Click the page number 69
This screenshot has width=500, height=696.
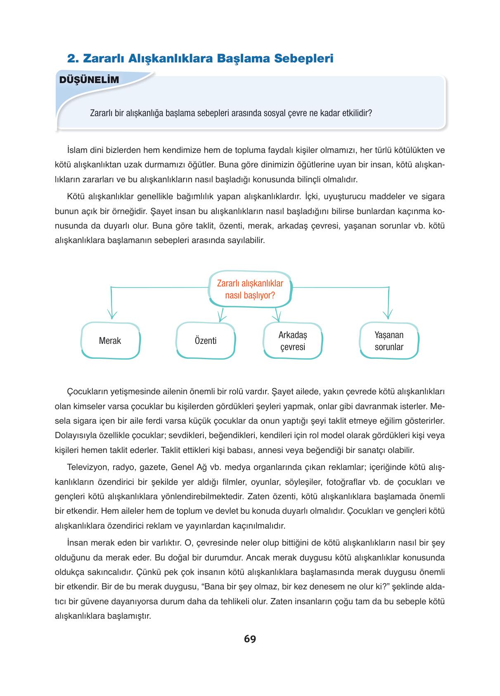coord(250,639)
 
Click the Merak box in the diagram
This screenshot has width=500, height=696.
coord(110,341)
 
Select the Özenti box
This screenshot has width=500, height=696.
coord(206,341)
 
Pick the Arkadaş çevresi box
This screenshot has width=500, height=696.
coord(293,341)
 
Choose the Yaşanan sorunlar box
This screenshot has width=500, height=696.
coord(389,341)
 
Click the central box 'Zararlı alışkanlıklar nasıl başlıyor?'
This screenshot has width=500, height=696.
coord(250,289)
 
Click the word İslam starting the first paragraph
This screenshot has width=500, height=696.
coord(75,149)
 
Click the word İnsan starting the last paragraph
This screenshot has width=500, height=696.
coord(76,542)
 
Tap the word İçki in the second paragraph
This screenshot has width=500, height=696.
coord(312,196)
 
